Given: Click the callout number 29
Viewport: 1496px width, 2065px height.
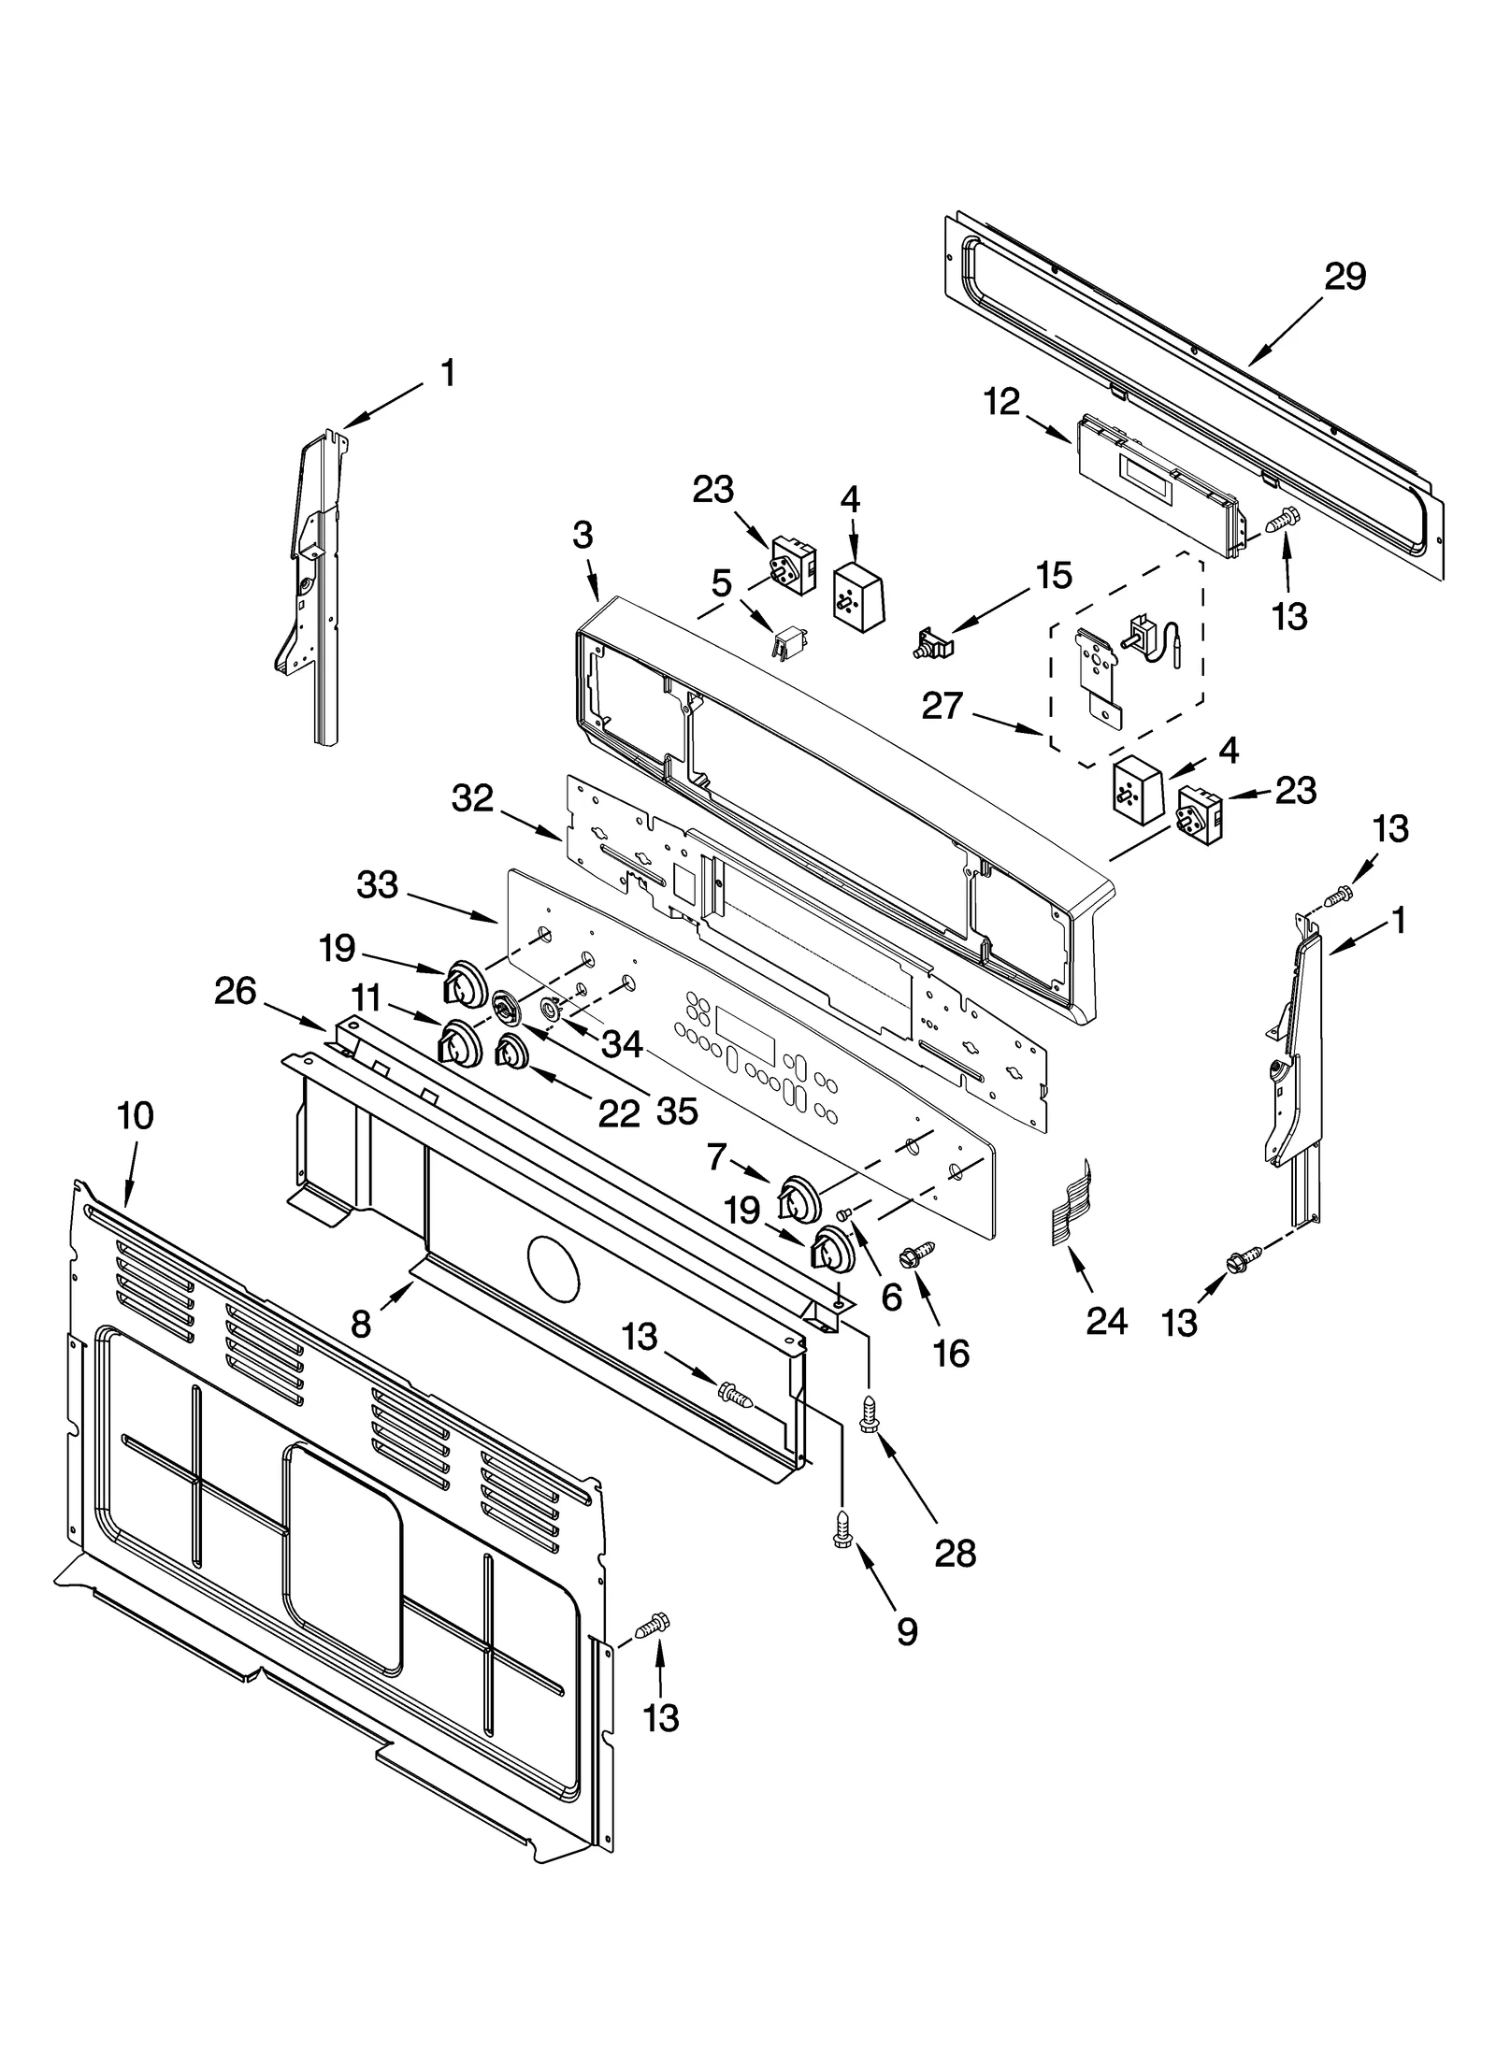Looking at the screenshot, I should (x=1345, y=277).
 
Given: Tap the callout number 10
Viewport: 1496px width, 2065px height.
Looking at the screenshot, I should (x=136, y=1114).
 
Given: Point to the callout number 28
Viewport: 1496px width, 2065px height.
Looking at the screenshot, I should (x=955, y=1553).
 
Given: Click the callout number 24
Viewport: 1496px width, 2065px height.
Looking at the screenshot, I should (x=1106, y=1321).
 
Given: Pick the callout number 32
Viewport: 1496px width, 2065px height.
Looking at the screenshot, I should (x=472, y=798).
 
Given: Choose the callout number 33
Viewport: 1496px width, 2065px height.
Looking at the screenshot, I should (x=377, y=884).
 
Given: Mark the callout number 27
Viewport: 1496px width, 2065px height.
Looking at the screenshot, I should (x=942, y=706).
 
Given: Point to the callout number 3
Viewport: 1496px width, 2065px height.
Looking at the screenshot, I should (x=583, y=535).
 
